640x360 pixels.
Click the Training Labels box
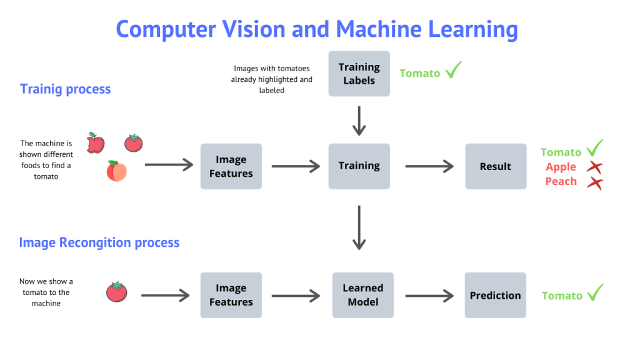point(359,74)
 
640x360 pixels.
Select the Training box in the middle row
point(359,166)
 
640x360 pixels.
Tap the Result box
point(495,166)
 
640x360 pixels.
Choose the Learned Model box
point(362,295)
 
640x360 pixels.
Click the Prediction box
point(495,295)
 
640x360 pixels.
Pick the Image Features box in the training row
point(231,166)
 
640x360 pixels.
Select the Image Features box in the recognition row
point(231,295)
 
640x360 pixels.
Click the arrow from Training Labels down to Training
point(359,120)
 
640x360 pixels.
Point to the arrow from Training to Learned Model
point(359,227)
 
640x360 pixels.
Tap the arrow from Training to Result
point(429,166)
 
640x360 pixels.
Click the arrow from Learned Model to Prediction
point(429,295)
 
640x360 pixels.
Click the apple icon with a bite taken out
point(96,142)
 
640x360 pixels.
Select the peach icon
point(116,171)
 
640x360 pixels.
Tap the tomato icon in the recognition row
point(116,291)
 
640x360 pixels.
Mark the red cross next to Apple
point(594,167)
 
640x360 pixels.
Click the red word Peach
point(561,181)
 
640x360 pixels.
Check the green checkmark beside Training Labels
point(453,71)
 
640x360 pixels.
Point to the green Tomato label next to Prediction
point(562,296)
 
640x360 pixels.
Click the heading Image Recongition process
point(99,242)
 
